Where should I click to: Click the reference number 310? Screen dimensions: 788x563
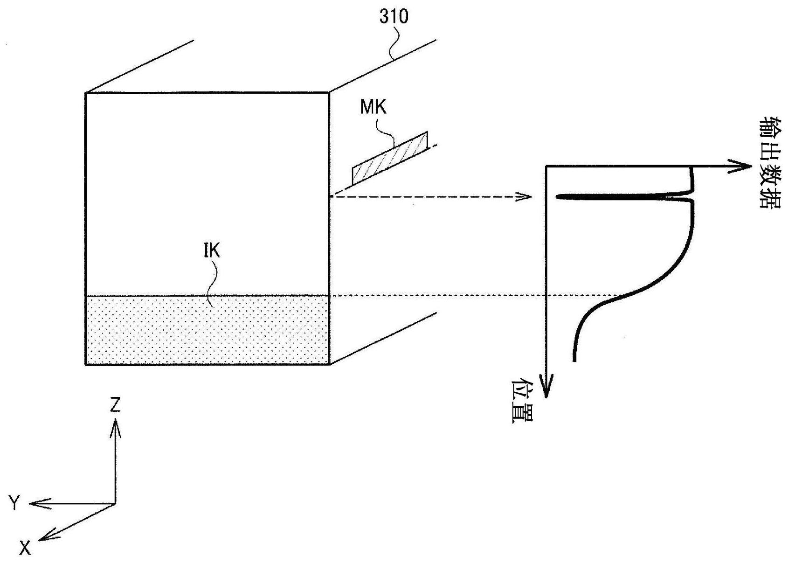[x=394, y=16]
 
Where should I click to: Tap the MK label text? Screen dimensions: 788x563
[x=373, y=107]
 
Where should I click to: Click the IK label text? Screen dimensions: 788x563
[x=212, y=251]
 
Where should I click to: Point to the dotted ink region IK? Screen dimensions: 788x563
[x=207, y=330]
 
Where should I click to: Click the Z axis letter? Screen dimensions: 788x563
[x=115, y=404]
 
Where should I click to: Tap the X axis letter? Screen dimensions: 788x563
[x=25, y=548]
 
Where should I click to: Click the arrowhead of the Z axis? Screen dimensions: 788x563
[x=115, y=430]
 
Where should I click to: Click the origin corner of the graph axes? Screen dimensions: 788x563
[x=546, y=166]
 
